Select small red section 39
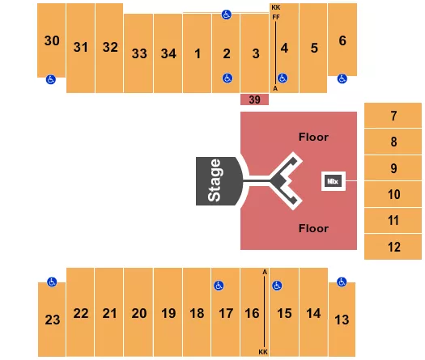click(x=254, y=100)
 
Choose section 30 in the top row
click(x=52, y=40)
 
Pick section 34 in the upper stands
click(x=168, y=54)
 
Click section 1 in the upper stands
click(x=197, y=54)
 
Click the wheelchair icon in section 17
click(x=218, y=286)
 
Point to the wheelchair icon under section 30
click(x=51, y=79)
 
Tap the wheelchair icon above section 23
click(x=51, y=282)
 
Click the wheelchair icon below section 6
click(x=342, y=78)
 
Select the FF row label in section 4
click(x=276, y=17)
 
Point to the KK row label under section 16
click(x=263, y=352)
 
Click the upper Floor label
click(x=313, y=137)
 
